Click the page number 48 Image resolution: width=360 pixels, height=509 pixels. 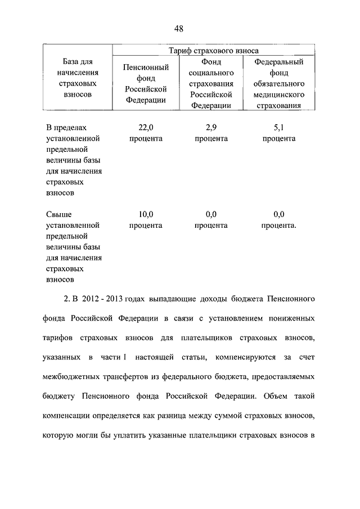179,29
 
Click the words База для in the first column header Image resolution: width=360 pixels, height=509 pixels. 74,62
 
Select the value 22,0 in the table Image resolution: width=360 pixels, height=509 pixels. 146,128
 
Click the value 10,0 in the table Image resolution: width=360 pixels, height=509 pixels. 146,214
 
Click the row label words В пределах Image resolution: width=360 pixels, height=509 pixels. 66,128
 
